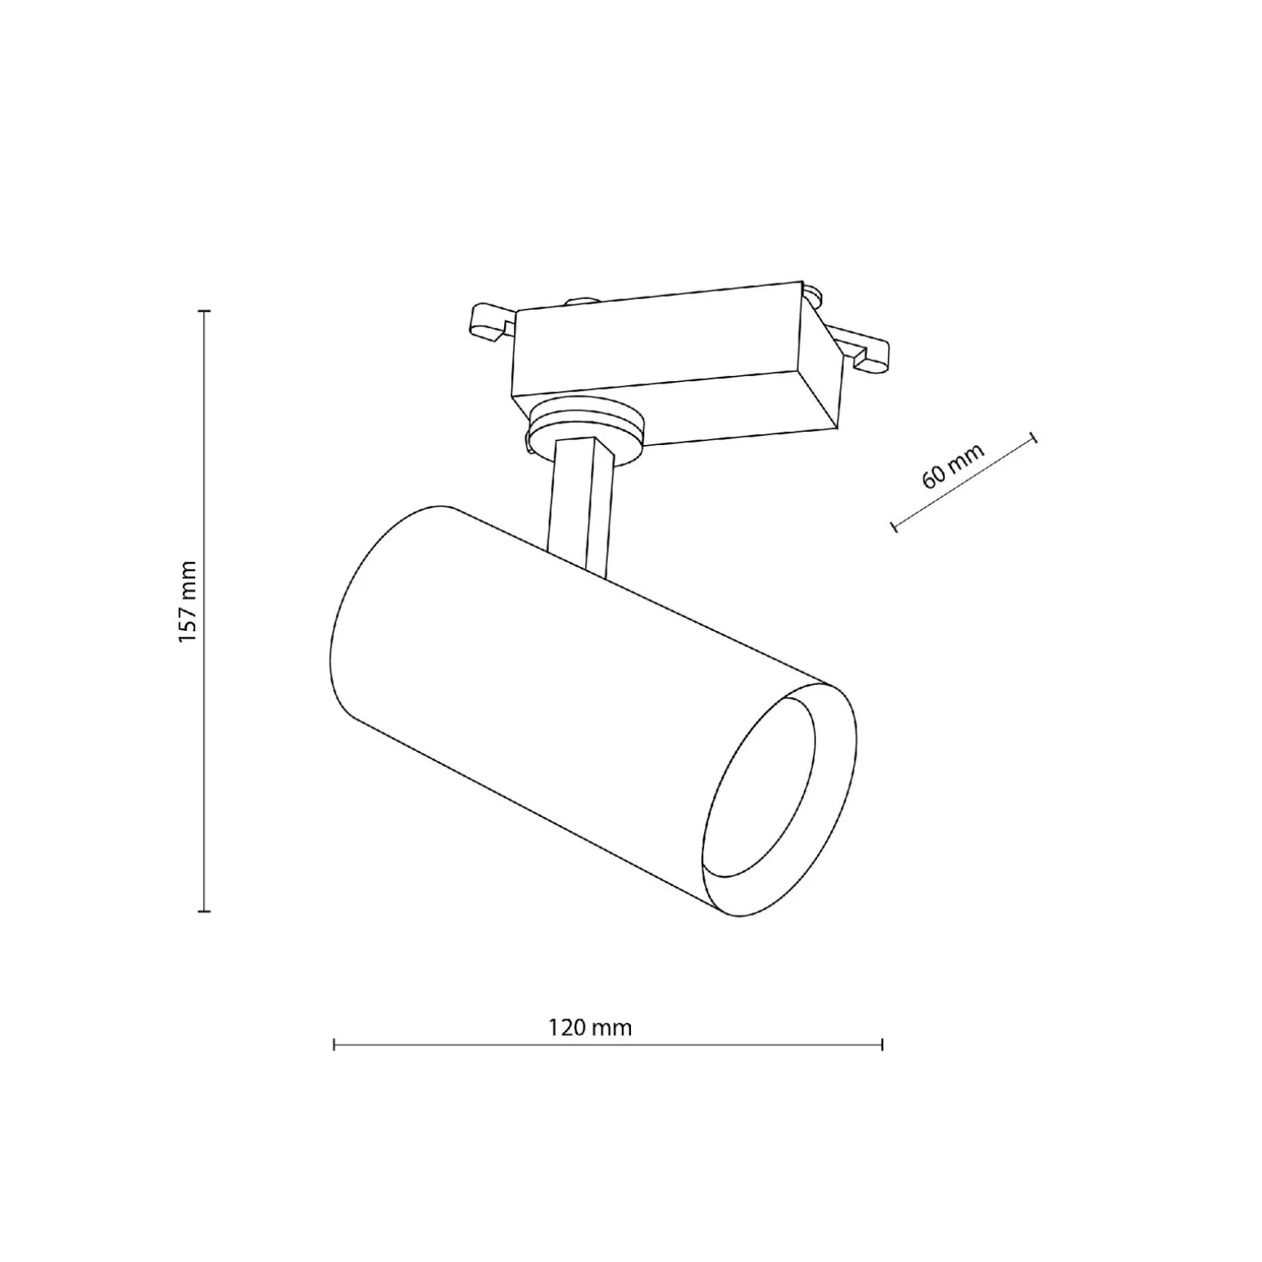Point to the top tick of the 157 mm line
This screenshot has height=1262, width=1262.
pos(204,311)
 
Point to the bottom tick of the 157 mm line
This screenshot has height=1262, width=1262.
pos(204,910)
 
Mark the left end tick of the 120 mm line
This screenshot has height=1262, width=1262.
pos(334,1044)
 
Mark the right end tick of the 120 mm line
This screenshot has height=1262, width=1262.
pos(882,1044)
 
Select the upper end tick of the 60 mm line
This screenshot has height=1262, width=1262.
pos(1034,438)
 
